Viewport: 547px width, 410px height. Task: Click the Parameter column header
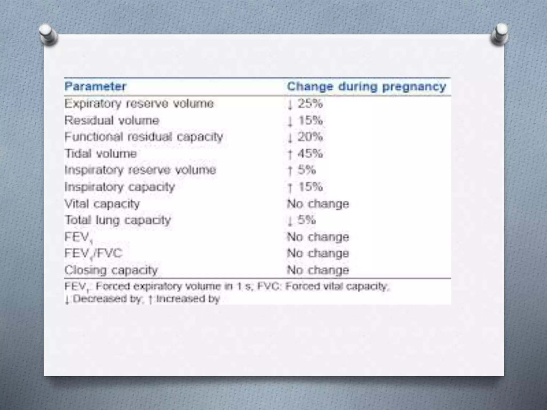coord(95,87)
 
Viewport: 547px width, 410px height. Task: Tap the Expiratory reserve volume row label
coord(139,104)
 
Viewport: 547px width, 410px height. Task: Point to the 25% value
coord(310,104)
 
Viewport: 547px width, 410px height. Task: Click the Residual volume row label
coord(112,120)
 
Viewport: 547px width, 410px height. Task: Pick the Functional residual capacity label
coord(144,137)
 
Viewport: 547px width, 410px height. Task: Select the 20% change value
coord(310,137)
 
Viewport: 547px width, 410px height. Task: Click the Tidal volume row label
coord(101,154)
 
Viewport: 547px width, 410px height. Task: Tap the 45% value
coord(310,154)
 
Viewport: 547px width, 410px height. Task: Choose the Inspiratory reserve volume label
coord(140,170)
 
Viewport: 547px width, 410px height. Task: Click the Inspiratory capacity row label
coord(120,187)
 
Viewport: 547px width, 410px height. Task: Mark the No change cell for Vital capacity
coord(318,204)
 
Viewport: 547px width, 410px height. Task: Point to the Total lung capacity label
coord(118,220)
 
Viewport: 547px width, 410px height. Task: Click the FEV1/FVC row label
coord(93,253)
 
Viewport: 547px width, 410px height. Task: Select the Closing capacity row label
coord(111,270)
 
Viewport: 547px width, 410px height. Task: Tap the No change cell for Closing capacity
coord(318,270)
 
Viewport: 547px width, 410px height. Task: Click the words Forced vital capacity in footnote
coord(337,287)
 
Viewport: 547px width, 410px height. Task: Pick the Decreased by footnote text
coord(106,299)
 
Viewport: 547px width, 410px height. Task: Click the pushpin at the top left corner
coord(48,34)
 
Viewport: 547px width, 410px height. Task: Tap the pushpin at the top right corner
coord(500,34)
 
